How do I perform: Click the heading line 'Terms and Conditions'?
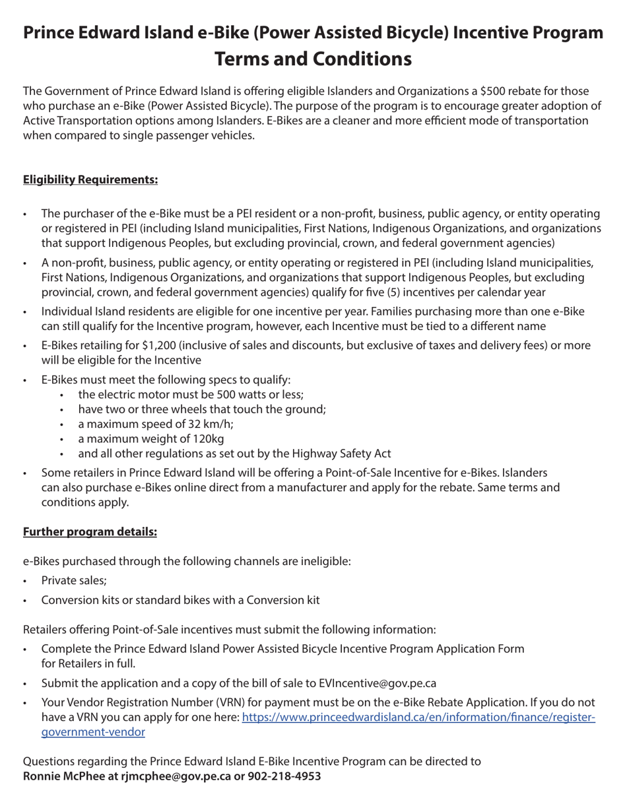pyautogui.click(x=313, y=59)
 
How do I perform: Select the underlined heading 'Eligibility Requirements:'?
pyautogui.click(x=90, y=180)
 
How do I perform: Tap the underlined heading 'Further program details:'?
pyautogui.click(x=90, y=531)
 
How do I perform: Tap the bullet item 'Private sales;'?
pyautogui.click(x=73, y=581)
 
